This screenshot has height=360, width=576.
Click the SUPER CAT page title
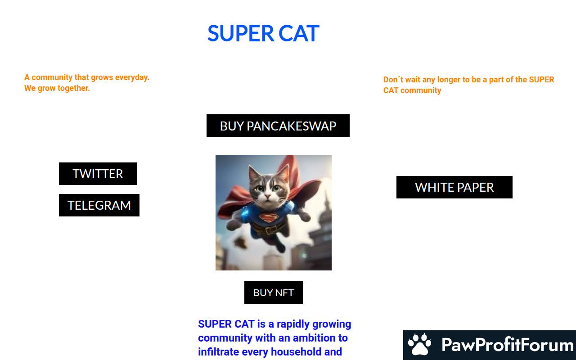263,33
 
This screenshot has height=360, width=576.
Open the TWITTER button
98,174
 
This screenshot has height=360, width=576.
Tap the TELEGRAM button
99,205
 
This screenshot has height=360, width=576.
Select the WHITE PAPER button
454,187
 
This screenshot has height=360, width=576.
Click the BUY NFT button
273,292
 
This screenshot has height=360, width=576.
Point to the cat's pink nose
268,197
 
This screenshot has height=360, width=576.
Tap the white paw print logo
419,344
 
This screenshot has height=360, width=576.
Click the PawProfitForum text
507,345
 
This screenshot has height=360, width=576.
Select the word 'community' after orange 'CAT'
421,90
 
